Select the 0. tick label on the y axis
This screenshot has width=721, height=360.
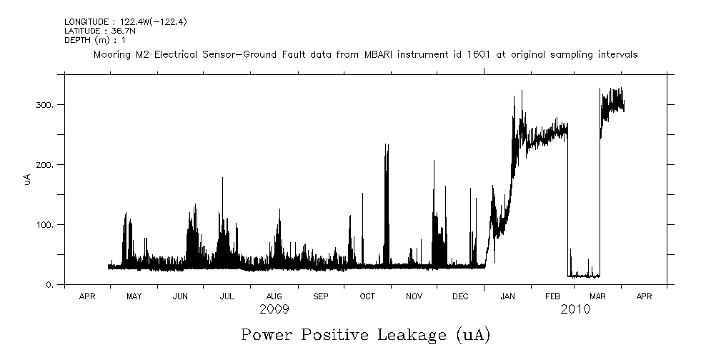coord(50,285)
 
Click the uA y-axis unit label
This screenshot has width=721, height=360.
coord(27,181)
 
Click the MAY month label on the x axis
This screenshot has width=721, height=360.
coord(134,296)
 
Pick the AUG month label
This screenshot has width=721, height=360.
coord(274,296)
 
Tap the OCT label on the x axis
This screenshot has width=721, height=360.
coord(367,296)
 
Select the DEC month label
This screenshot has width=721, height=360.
coord(461,296)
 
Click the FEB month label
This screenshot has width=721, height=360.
coord(553,296)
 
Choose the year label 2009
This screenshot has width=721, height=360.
coord(274,309)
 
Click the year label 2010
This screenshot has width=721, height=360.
coord(576,309)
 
